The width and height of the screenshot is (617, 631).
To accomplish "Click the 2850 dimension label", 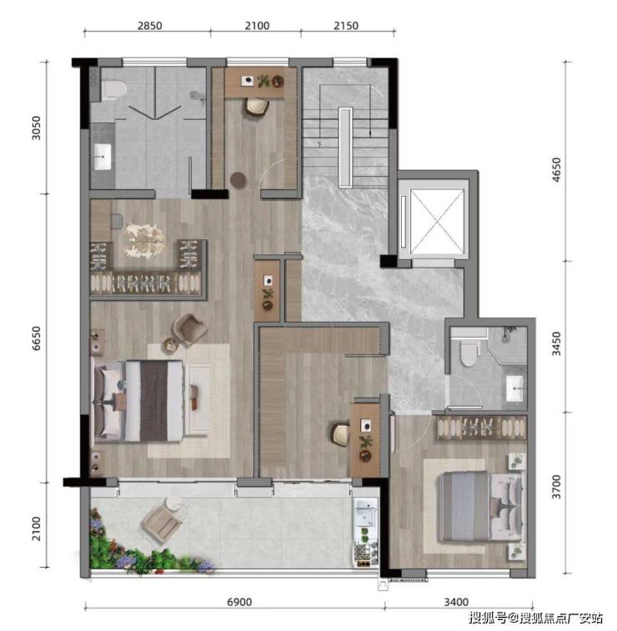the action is [x=150, y=26].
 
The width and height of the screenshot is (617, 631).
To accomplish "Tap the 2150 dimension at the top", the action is [x=346, y=26].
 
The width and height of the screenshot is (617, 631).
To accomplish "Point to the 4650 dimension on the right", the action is [x=556, y=169].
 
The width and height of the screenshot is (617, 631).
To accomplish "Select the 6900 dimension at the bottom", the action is [x=239, y=602].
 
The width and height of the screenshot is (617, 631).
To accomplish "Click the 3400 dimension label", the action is [x=456, y=602].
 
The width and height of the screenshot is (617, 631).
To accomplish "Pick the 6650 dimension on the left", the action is [x=36, y=338].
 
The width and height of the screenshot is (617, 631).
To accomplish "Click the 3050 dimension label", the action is [x=36, y=128].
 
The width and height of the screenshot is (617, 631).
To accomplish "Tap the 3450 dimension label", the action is [x=556, y=343].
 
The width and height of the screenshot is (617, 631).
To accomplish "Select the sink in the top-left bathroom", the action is [x=103, y=157].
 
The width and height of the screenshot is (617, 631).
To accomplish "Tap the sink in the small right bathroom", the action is [x=514, y=388].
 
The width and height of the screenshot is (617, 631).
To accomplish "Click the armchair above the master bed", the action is [x=189, y=329].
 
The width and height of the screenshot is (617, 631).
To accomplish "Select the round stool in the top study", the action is [x=238, y=179].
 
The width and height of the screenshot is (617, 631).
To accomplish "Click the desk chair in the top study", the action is [x=256, y=107].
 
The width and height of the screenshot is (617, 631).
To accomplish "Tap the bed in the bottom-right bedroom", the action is [x=481, y=507].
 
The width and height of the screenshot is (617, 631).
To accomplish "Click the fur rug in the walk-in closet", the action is [x=145, y=240].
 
